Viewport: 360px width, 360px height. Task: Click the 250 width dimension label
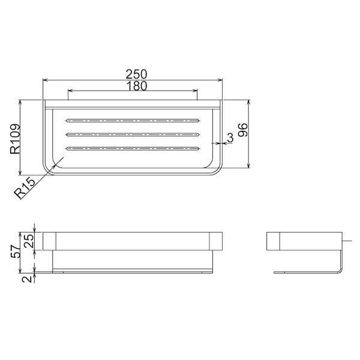136,74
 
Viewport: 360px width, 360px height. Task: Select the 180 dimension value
137,86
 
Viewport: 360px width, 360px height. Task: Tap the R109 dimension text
15,139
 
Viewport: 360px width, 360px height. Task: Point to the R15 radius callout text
25,188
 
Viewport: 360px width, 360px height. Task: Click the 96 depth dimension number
242,130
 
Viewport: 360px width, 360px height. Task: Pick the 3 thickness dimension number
230,137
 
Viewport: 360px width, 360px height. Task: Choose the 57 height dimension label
16,252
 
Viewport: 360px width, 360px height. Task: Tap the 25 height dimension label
29,241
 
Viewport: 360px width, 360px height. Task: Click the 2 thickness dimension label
28,279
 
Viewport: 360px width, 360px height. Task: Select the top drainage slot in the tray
133,121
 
